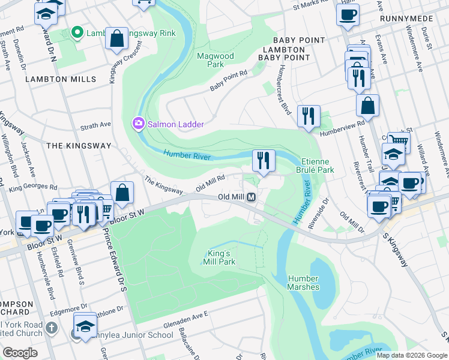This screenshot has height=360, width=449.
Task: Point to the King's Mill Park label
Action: pyautogui.click(x=220, y=257)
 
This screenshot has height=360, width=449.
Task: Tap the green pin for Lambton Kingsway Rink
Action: pyautogui.click(x=77, y=33)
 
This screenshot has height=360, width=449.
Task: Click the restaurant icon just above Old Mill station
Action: pyautogui.click(x=264, y=160)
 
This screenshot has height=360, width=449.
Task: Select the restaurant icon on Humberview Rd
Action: pyautogui.click(x=309, y=116)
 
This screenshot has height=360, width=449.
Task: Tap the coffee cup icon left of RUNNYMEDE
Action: pyautogui.click(x=347, y=14)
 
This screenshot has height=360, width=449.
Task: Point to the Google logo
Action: pyautogui.click(x=20, y=353)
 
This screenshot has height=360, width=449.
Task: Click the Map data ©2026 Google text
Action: pyautogui.click(x=412, y=355)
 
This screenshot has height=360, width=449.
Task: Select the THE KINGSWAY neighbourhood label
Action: pyautogui.click(x=79, y=146)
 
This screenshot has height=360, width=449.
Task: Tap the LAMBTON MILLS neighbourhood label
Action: pyautogui.click(x=60, y=79)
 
